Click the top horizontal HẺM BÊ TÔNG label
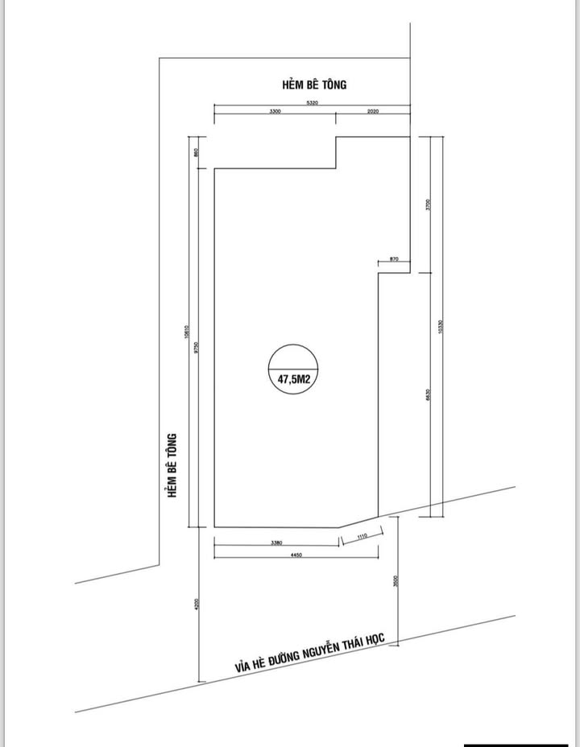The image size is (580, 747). tap(314, 84)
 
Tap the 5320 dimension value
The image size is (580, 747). tap(312, 103)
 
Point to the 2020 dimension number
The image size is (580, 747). tap(372, 112)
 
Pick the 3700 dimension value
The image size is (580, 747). tap(429, 204)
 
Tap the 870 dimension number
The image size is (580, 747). tap(394, 258)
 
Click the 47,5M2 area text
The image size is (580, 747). tap(294, 376)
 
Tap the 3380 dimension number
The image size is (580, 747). tap(276, 543)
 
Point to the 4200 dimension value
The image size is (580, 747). tap(196, 605)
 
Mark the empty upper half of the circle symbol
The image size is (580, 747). tap(294, 357)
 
